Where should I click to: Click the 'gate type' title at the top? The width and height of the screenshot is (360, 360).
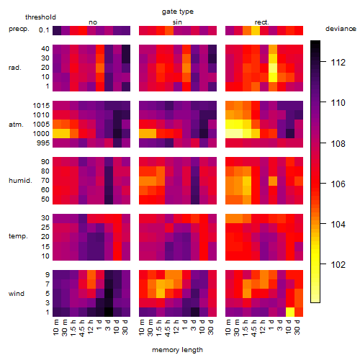[x=178, y=12]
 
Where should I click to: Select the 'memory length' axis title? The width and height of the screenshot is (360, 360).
[x=177, y=350]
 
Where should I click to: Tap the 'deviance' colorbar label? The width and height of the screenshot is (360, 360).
[x=341, y=29]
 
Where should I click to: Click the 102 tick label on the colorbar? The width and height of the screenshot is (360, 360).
[x=338, y=264]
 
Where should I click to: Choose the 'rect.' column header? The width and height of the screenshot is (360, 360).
[x=262, y=22]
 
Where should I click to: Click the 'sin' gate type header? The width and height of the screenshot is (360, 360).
[x=177, y=22]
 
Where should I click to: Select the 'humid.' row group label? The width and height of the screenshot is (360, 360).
[x=20, y=181]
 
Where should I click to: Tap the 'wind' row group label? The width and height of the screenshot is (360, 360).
[x=17, y=294]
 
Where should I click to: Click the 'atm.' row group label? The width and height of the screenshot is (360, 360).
[x=16, y=125]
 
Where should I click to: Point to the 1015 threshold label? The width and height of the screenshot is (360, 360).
[x=41, y=106]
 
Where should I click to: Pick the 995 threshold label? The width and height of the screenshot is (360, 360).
[x=43, y=143]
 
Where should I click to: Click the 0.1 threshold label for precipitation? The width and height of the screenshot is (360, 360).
[x=44, y=30]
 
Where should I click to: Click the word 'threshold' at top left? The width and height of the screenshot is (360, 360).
[x=40, y=17]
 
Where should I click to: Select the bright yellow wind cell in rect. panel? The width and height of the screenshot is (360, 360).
[x=290, y=312]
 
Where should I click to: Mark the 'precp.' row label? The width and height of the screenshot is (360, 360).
[x=19, y=29]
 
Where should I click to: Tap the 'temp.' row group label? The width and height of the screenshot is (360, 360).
[x=18, y=236]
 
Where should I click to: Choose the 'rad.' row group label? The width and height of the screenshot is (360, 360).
[x=15, y=68]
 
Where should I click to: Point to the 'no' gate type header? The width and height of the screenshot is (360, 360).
[x=93, y=22]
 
